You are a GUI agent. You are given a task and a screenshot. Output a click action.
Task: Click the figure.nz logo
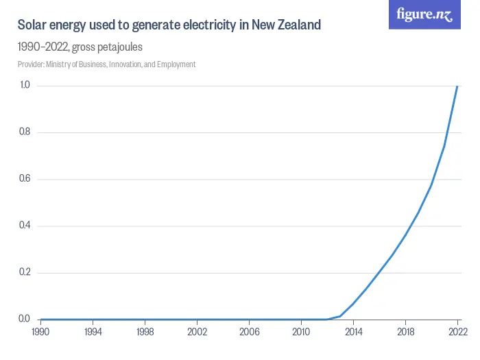tap(424, 15)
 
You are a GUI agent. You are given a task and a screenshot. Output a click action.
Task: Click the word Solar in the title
tap(32, 25)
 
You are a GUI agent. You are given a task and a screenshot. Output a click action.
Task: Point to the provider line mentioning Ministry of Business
tap(106, 64)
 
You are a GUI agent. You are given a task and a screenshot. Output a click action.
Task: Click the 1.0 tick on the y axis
tap(25, 85)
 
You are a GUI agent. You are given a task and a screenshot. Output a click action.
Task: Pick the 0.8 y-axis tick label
tap(25, 132)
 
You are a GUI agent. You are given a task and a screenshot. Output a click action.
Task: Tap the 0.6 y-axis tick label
tap(25, 179)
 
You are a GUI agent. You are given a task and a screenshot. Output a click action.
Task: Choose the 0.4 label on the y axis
tap(25, 226)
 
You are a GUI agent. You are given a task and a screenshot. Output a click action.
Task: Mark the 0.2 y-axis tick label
tap(25, 272)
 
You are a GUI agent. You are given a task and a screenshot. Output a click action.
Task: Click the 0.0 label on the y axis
tap(25, 319)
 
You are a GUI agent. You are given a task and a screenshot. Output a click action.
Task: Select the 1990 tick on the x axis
tap(41, 332)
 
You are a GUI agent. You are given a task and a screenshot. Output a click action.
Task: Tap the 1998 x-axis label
tap(145, 332)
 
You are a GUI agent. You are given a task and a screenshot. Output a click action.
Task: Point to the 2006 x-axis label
tap(249, 332)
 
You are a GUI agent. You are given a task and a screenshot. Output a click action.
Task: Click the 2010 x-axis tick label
tap(301, 332)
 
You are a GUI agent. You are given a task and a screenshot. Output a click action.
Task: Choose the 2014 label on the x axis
tap(353, 332)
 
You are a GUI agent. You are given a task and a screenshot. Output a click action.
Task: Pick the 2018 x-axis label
tap(405, 332)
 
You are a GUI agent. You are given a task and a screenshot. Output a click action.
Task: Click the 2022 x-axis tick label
tap(457, 332)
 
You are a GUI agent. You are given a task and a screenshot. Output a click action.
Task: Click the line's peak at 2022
tap(457, 86)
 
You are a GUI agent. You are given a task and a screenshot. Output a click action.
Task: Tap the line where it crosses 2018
tap(405, 235)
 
